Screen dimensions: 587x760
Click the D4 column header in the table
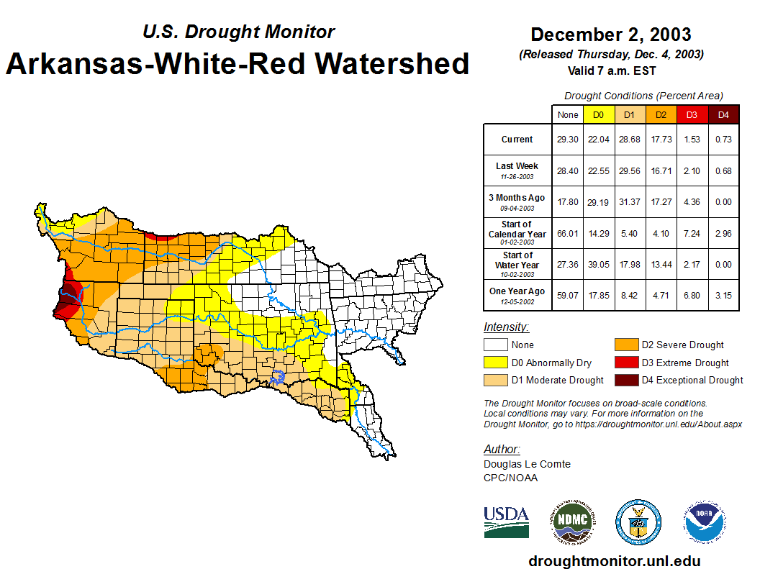[x=723, y=114]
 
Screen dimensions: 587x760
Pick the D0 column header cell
[x=599, y=114]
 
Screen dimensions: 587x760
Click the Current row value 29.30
[x=568, y=140]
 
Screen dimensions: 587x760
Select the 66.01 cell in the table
[x=568, y=233]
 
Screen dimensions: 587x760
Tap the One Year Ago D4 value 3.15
[x=723, y=295]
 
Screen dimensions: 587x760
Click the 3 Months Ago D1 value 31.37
[x=630, y=202]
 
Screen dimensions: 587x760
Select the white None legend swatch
[x=496, y=345]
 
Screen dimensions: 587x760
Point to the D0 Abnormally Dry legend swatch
[x=496, y=363]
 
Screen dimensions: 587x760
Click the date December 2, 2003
[x=610, y=35]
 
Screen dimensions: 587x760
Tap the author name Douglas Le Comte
[x=527, y=464]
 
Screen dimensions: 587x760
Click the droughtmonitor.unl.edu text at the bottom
[x=614, y=561]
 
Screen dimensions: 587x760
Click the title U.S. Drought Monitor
[x=238, y=32]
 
